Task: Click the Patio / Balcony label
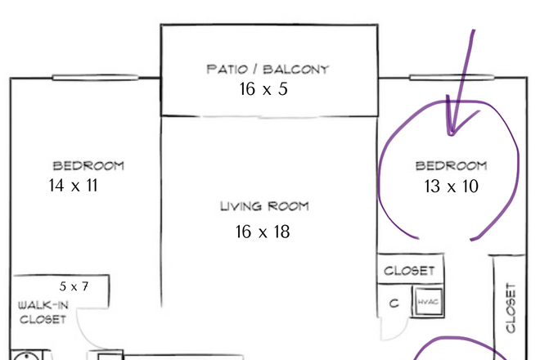pyautogui.click(x=268, y=70)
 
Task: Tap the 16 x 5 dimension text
pyautogui.click(x=263, y=89)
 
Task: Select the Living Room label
pyautogui.click(x=264, y=206)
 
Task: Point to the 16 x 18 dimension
pyautogui.click(x=263, y=232)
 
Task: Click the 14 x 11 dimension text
pyautogui.click(x=73, y=186)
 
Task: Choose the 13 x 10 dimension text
pyautogui.click(x=451, y=187)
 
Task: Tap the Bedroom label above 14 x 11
pyautogui.click(x=88, y=166)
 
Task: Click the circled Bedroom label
pyautogui.click(x=451, y=166)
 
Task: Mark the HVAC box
pyautogui.click(x=428, y=302)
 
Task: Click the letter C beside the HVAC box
pyautogui.click(x=394, y=304)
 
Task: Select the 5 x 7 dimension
pyautogui.click(x=74, y=286)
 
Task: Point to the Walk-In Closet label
pyautogui.click(x=43, y=312)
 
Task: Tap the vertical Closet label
pyautogui.click(x=511, y=308)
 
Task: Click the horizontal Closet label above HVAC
pyautogui.click(x=409, y=271)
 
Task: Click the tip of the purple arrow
pyautogui.click(x=451, y=135)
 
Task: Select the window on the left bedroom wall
pyautogui.click(x=96, y=78)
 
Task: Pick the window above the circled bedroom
pyautogui.click(x=452, y=78)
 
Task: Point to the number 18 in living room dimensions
pyautogui.click(x=282, y=232)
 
